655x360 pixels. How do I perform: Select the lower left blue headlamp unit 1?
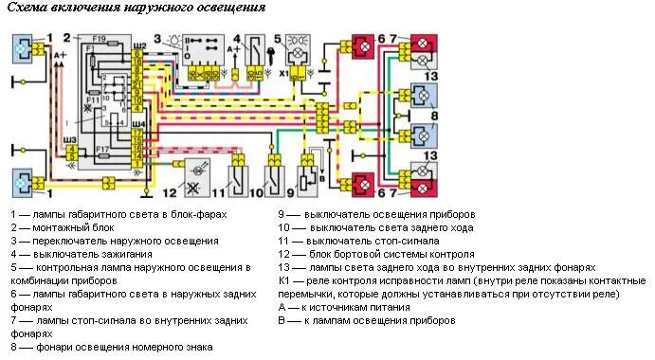[x=22, y=179]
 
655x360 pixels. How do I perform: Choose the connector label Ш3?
[x=67, y=140]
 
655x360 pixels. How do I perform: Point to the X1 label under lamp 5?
[x=285, y=70]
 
